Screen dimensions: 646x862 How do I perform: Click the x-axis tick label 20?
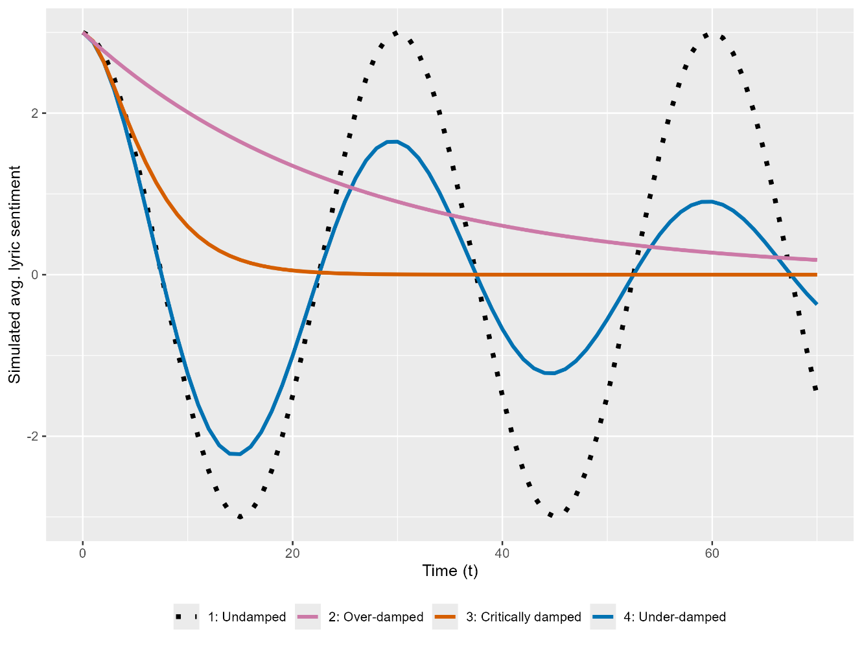[x=292, y=553]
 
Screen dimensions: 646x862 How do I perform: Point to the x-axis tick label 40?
[x=502, y=553]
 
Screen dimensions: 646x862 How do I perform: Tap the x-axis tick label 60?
[x=712, y=553]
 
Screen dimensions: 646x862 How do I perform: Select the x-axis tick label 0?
[x=83, y=553]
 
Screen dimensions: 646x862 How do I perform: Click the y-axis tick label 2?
[x=35, y=113]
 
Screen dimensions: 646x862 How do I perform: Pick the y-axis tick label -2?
[x=33, y=436]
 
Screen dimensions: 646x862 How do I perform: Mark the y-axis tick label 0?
[x=35, y=275]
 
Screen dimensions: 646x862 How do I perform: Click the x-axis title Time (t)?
[x=450, y=571]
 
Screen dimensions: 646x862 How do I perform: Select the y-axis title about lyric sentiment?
[x=15, y=274]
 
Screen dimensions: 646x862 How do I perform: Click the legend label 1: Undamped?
[x=247, y=617]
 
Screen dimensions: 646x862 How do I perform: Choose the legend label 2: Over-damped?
[x=376, y=617]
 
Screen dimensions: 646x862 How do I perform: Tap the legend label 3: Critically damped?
[x=524, y=617]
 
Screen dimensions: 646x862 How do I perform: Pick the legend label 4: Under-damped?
[x=675, y=617]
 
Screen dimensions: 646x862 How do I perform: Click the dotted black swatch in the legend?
[x=186, y=617]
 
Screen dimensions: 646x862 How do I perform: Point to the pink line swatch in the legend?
[x=307, y=617]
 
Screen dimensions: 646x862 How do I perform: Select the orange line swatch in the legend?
[x=445, y=617]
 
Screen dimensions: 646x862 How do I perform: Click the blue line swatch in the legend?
[x=602, y=617]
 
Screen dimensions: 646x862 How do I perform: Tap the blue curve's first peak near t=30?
[x=392, y=141]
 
